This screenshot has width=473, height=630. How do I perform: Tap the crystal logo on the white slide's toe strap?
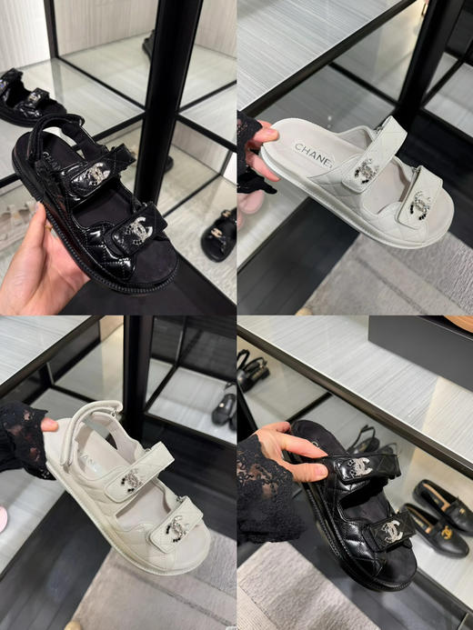tap(419, 205)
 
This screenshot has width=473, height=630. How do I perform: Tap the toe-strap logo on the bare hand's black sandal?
tap(137, 228)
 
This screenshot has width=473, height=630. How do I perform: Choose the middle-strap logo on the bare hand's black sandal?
tap(96, 172)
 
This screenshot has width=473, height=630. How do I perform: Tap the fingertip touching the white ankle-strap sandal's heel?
tap(50, 425)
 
